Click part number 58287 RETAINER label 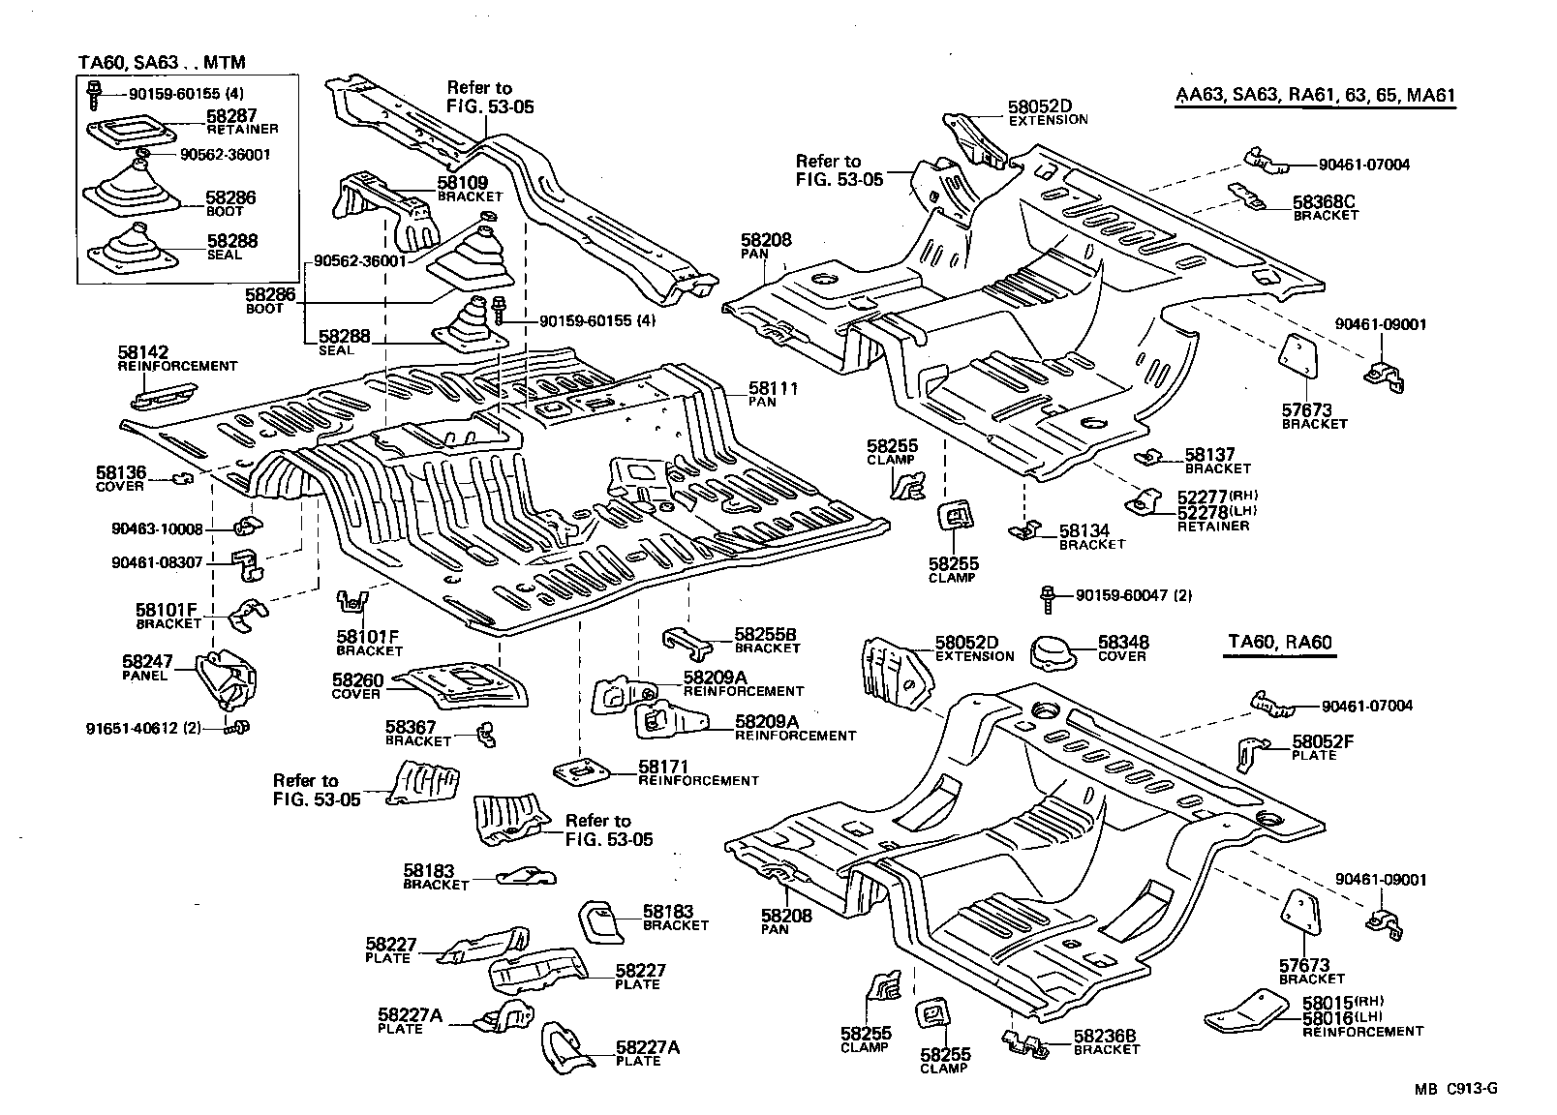230,115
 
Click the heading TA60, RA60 1279,642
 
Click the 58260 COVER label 357,681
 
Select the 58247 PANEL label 147,662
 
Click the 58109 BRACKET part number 462,182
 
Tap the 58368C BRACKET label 1324,202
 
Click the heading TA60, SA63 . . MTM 162,63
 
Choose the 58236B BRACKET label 1105,1036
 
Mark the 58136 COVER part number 121,472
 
